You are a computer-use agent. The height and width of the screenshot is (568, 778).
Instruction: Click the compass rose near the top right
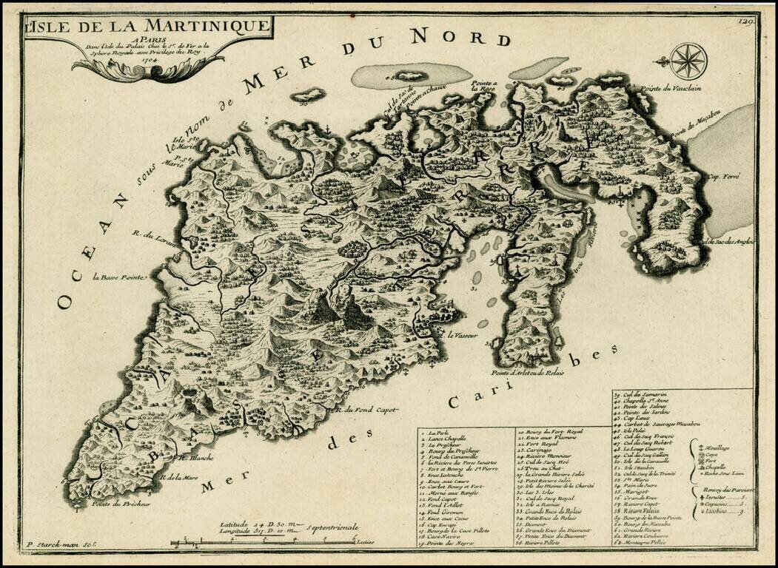[688, 60]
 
